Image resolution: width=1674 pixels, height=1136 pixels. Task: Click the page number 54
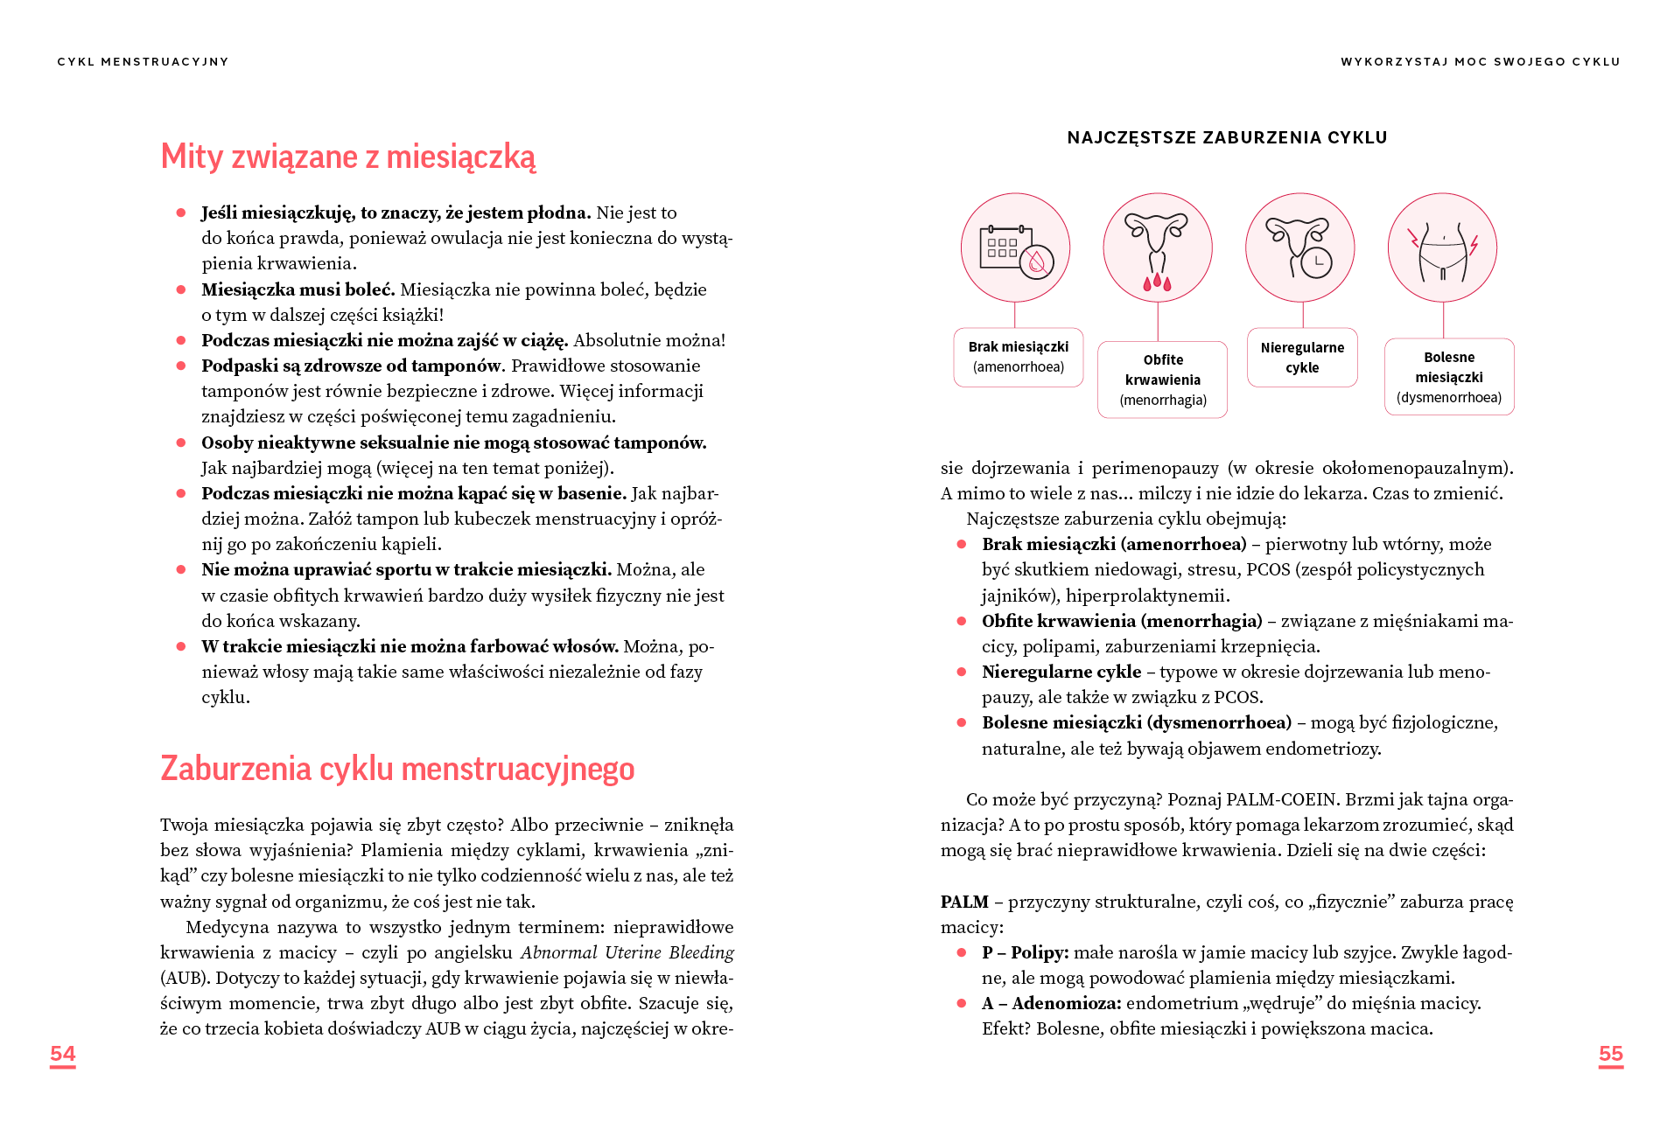[63, 1054]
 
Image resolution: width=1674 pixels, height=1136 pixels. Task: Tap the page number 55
[1610, 1054]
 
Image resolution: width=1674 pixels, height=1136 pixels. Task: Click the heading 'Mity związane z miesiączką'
[347, 157]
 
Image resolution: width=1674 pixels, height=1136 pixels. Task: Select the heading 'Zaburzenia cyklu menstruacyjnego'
[397, 769]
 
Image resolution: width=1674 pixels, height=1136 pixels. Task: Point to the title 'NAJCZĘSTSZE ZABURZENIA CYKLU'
[1227, 137]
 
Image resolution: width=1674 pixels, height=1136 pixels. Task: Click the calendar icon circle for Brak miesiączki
[1015, 247]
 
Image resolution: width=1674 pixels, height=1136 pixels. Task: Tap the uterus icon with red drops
[1157, 247]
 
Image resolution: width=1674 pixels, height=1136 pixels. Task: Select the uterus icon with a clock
[1299, 247]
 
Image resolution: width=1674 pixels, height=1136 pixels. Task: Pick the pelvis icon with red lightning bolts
[1442, 247]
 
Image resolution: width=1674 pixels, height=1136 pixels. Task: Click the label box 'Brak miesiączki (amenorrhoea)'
[1019, 357]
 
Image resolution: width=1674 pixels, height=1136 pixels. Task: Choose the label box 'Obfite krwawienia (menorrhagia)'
[1163, 380]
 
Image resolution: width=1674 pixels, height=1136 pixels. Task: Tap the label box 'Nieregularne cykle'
[1302, 357]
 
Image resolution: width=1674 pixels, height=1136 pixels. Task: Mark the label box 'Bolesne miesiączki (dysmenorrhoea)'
[1449, 377]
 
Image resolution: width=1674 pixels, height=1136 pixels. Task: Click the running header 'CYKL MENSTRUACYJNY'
[143, 62]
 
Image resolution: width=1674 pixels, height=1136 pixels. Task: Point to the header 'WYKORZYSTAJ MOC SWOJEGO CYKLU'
[1481, 62]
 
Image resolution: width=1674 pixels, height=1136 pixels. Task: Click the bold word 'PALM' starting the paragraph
[964, 902]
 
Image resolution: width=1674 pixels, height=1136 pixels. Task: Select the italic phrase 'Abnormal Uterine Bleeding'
[627, 952]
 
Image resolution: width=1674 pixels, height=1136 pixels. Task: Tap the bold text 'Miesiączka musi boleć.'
[298, 289]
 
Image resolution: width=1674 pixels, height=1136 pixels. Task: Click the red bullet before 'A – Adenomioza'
[962, 1003]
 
